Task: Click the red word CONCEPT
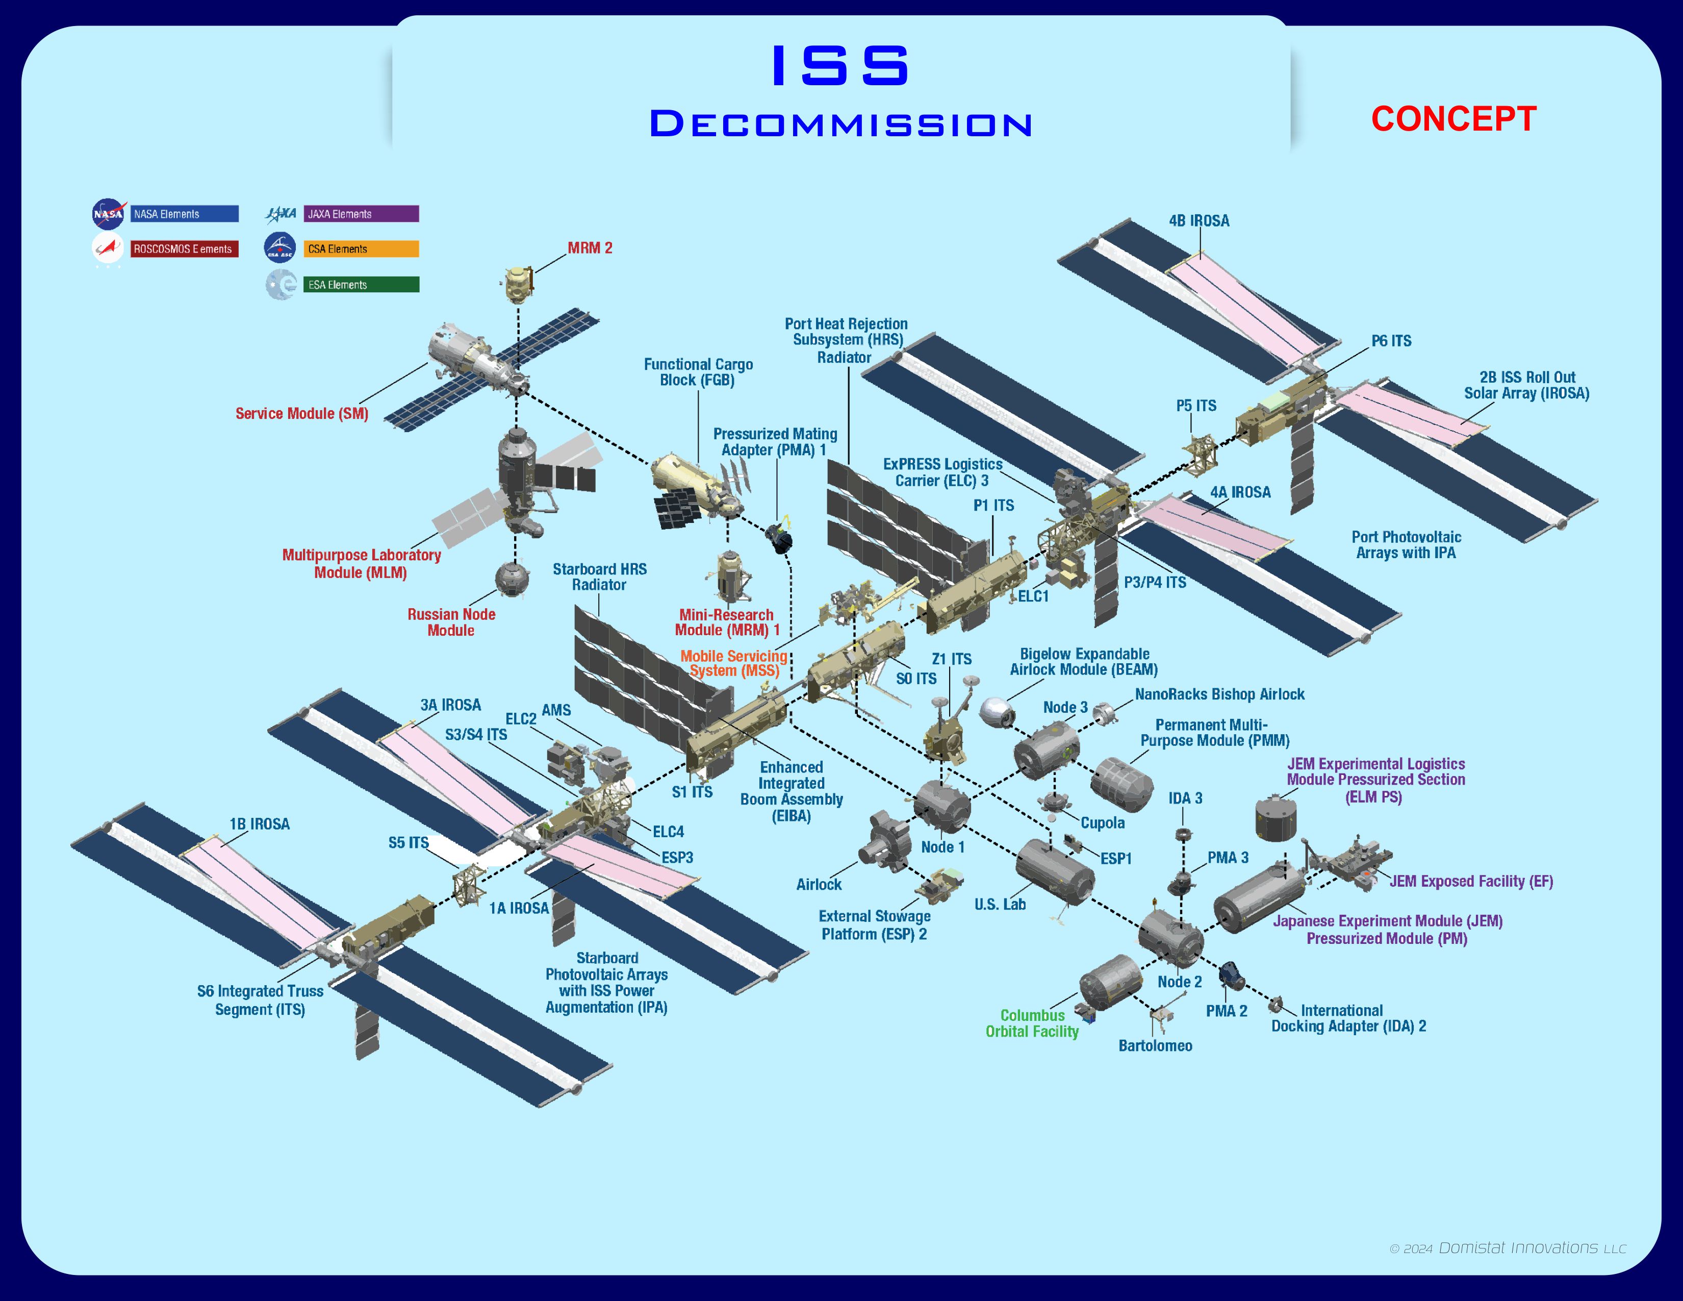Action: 1453,119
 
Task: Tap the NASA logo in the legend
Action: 109,213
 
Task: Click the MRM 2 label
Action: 590,248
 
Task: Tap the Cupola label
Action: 1102,822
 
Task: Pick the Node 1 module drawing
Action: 941,806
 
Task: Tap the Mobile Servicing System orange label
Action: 733,663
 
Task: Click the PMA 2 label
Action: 1226,1010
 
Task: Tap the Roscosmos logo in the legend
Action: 107,248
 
